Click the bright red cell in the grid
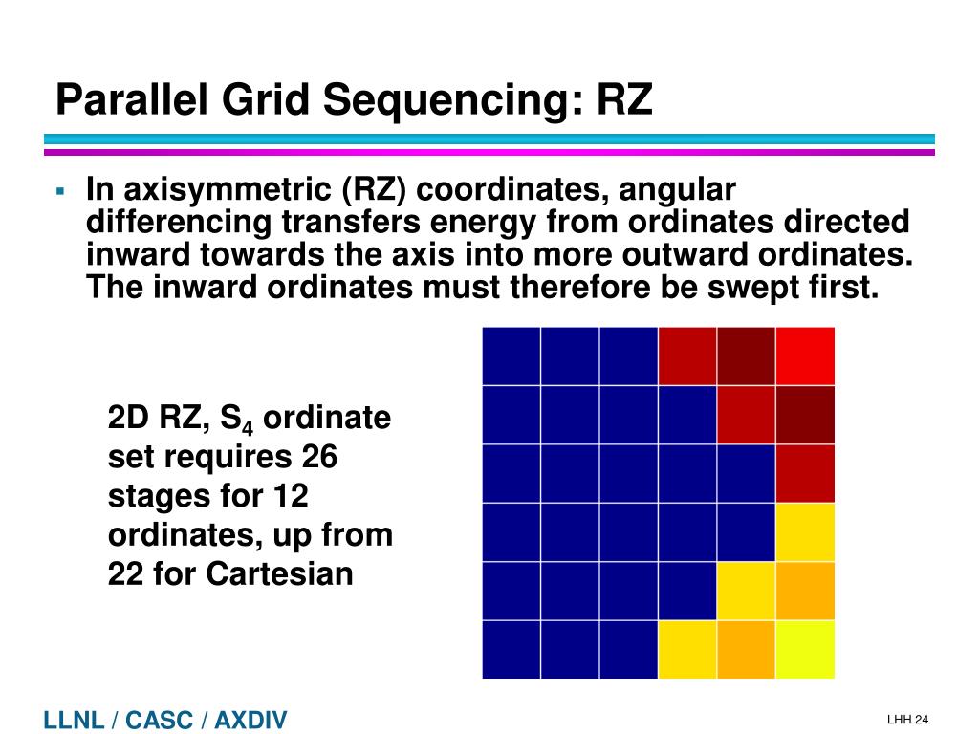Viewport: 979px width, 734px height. click(805, 356)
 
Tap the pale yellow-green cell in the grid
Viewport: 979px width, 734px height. click(805, 649)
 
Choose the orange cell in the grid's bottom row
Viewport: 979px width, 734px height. click(746, 649)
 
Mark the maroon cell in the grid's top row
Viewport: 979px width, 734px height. click(746, 356)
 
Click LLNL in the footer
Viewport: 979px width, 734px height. click(74, 721)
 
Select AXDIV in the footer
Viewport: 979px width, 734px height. click(250, 721)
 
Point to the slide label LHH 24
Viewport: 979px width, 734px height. click(907, 720)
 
